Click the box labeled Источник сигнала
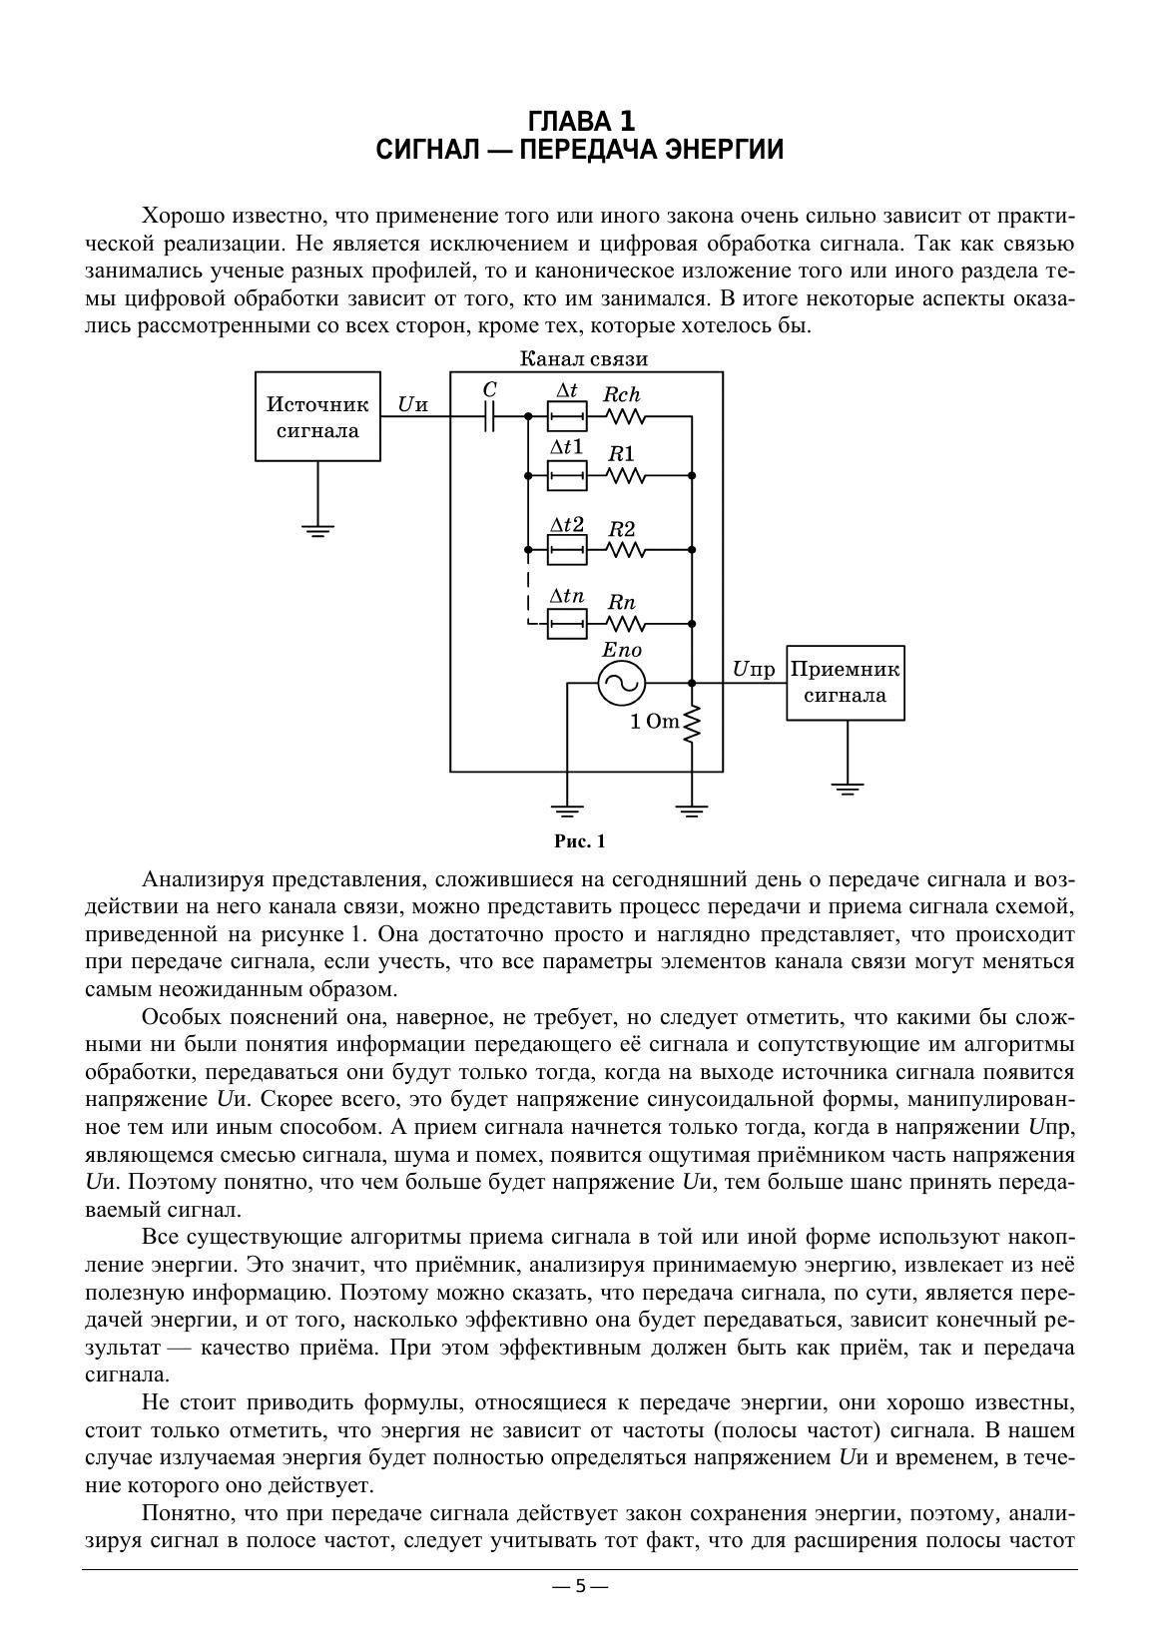[x=317, y=416]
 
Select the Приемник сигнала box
[x=846, y=682]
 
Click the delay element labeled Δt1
[x=566, y=477]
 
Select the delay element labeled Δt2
[x=566, y=549]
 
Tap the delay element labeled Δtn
[x=566, y=625]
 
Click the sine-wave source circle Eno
[x=621, y=684]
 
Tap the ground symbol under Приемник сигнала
[x=847, y=789]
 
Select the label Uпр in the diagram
[x=753, y=670]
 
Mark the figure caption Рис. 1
[x=580, y=841]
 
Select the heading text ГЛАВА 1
[x=580, y=122]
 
